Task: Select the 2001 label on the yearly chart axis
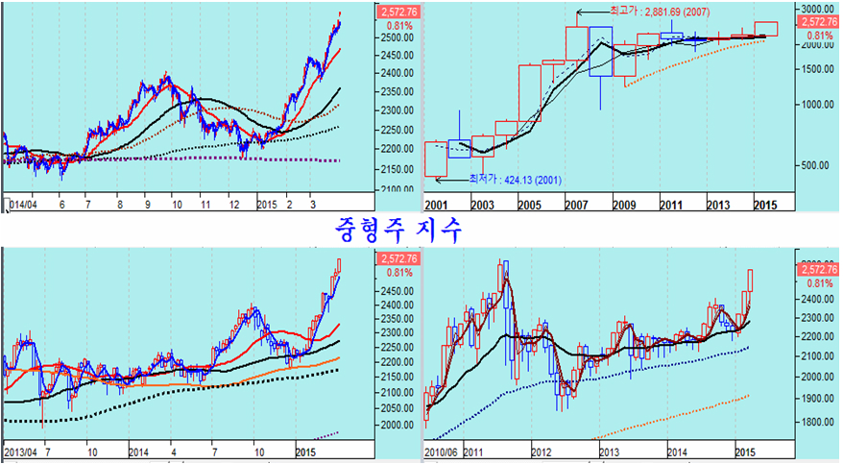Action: pyautogui.click(x=437, y=205)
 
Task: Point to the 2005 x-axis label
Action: pyautogui.click(x=529, y=205)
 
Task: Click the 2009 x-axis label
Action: pyautogui.click(x=624, y=205)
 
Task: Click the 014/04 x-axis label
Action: pyautogui.click(x=21, y=205)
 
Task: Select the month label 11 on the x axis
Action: pyautogui.click(x=205, y=205)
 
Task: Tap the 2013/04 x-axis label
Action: pyautogui.click(x=21, y=452)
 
